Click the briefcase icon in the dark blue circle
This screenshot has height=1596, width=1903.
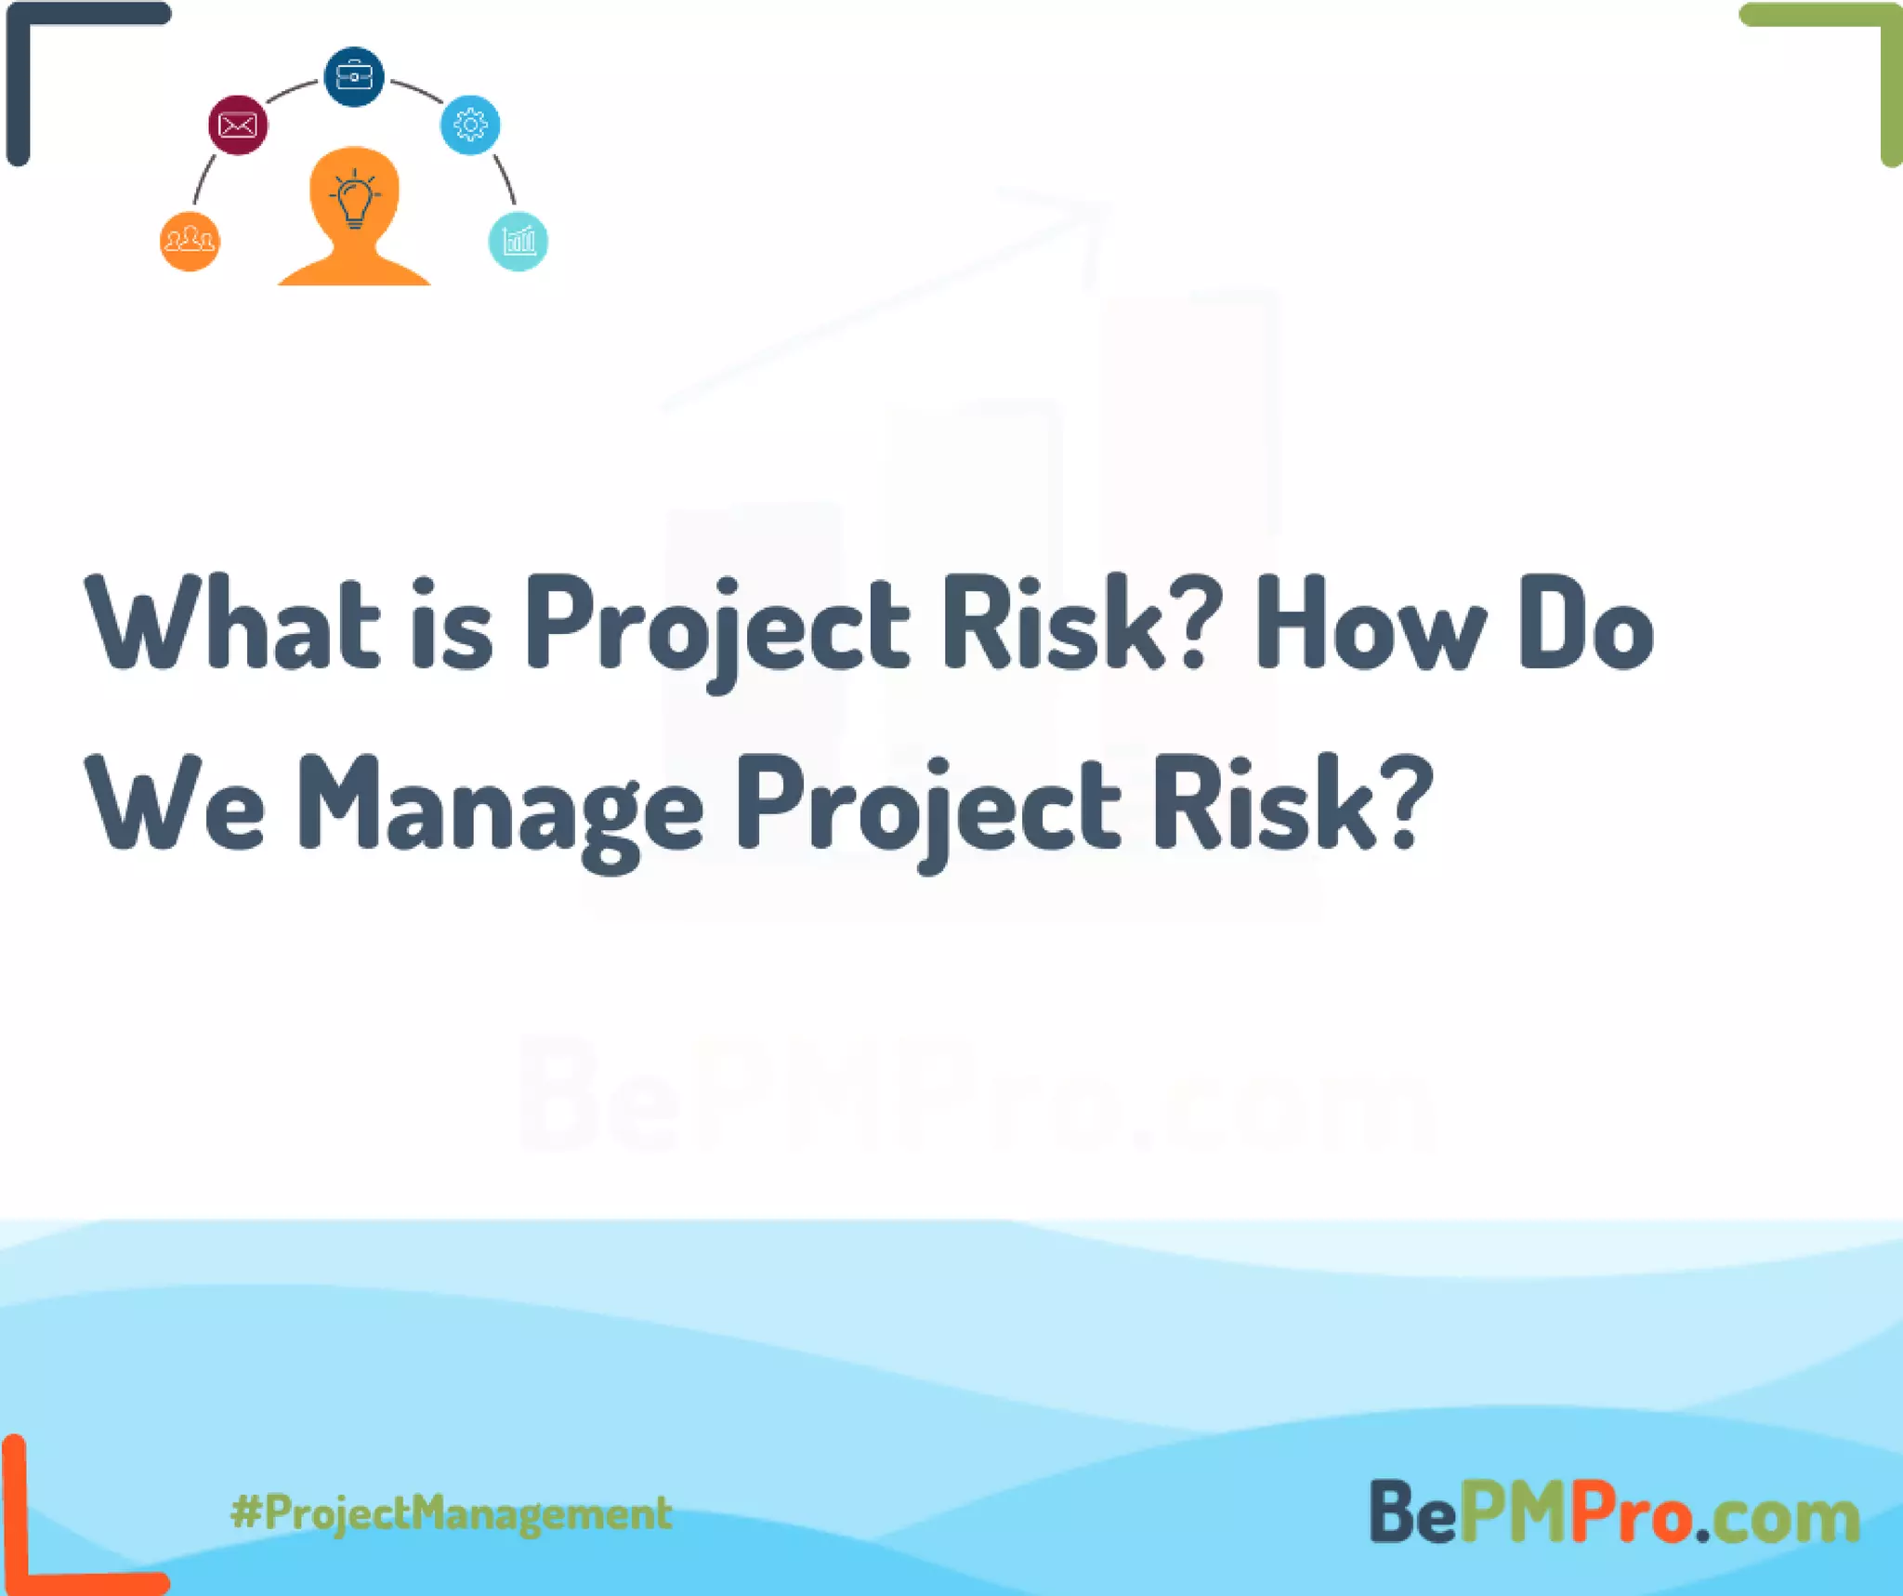coord(354,75)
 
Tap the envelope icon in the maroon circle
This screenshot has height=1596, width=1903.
coord(238,125)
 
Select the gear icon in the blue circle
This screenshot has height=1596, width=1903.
coord(470,125)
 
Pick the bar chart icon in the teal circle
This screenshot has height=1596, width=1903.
coord(518,242)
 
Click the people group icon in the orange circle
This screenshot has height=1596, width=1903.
coord(190,242)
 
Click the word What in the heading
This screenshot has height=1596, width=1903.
coord(232,623)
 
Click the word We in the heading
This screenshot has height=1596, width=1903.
coord(177,805)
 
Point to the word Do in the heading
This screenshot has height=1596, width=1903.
coord(1585,623)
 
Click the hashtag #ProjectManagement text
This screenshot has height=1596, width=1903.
coord(452,1512)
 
